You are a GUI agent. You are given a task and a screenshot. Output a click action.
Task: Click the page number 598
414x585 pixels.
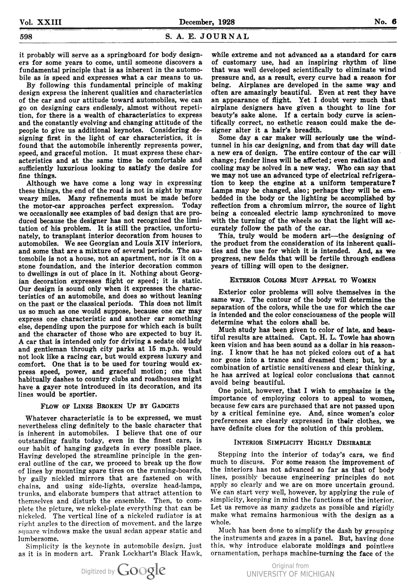[x=26, y=36]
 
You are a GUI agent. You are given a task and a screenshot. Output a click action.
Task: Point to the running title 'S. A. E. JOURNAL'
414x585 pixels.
[x=207, y=36]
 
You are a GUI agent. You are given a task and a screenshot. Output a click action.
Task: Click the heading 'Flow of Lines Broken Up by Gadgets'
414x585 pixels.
[x=110, y=406]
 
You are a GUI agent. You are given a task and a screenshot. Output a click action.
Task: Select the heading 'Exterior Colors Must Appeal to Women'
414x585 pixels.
[x=303, y=280]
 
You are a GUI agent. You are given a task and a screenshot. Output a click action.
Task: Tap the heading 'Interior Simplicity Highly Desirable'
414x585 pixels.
[x=302, y=443]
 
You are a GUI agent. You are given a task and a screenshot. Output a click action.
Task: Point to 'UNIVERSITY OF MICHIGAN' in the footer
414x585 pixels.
[x=290, y=574]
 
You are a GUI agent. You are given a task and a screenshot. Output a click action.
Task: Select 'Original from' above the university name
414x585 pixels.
[x=290, y=566]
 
